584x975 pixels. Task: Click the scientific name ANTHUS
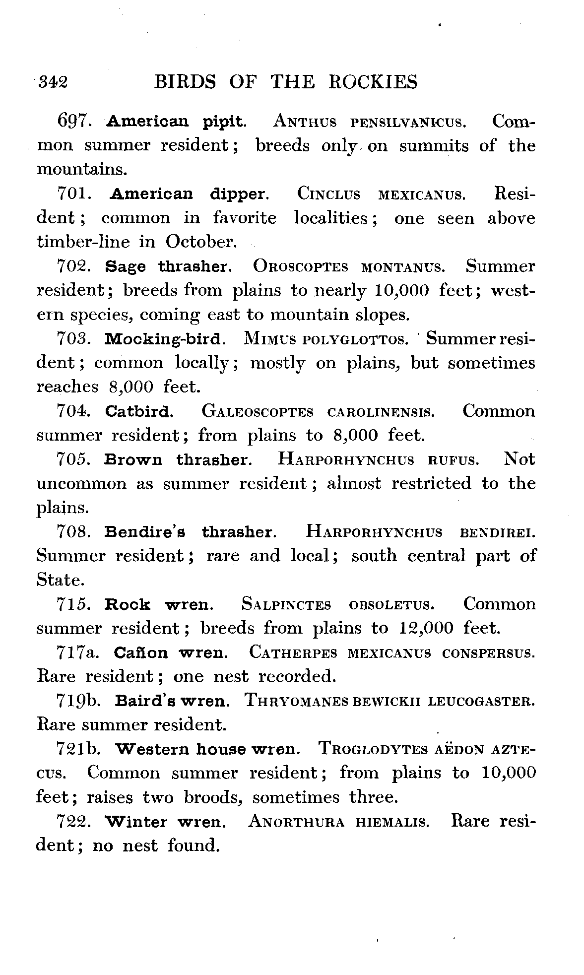(x=305, y=122)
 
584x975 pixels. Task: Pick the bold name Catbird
(x=139, y=411)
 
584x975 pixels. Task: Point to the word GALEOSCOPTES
(x=258, y=412)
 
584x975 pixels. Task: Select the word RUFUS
(x=453, y=460)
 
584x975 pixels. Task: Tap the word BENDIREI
(x=498, y=532)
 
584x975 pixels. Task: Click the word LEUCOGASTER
(x=481, y=701)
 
